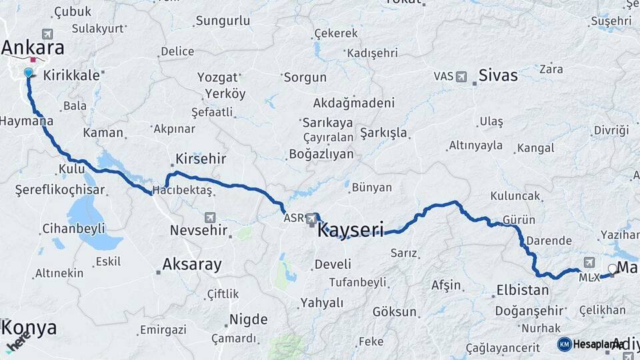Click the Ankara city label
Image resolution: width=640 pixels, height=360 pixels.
(x=33, y=48)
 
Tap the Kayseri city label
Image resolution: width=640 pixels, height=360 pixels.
(x=351, y=231)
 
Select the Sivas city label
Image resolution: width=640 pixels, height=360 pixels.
(x=497, y=75)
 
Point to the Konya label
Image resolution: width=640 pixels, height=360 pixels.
(x=29, y=328)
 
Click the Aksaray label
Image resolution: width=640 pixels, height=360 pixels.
(x=192, y=265)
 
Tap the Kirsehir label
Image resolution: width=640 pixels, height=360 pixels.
(x=201, y=159)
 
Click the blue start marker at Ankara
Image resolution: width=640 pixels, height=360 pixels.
(x=28, y=73)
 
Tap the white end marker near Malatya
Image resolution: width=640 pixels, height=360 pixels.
(x=612, y=269)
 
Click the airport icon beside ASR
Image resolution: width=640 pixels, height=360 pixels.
(x=312, y=218)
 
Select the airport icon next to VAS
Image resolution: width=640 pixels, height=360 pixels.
(x=461, y=76)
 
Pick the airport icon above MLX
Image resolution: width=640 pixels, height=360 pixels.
(x=589, y=263)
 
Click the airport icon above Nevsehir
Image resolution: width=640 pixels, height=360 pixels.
(x=211, y=217)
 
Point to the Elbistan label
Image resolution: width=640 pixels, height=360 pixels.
(x=523, y=290)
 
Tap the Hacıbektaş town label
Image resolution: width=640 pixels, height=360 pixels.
(x=182, y=191)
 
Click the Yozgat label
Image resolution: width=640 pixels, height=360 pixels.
(x=217, y=77)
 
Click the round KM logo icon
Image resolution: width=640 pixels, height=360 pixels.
(x=564, y=344)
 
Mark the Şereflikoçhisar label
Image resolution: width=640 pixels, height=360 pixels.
(x=60, y=190)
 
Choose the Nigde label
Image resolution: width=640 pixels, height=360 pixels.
(x=248, y=319)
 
